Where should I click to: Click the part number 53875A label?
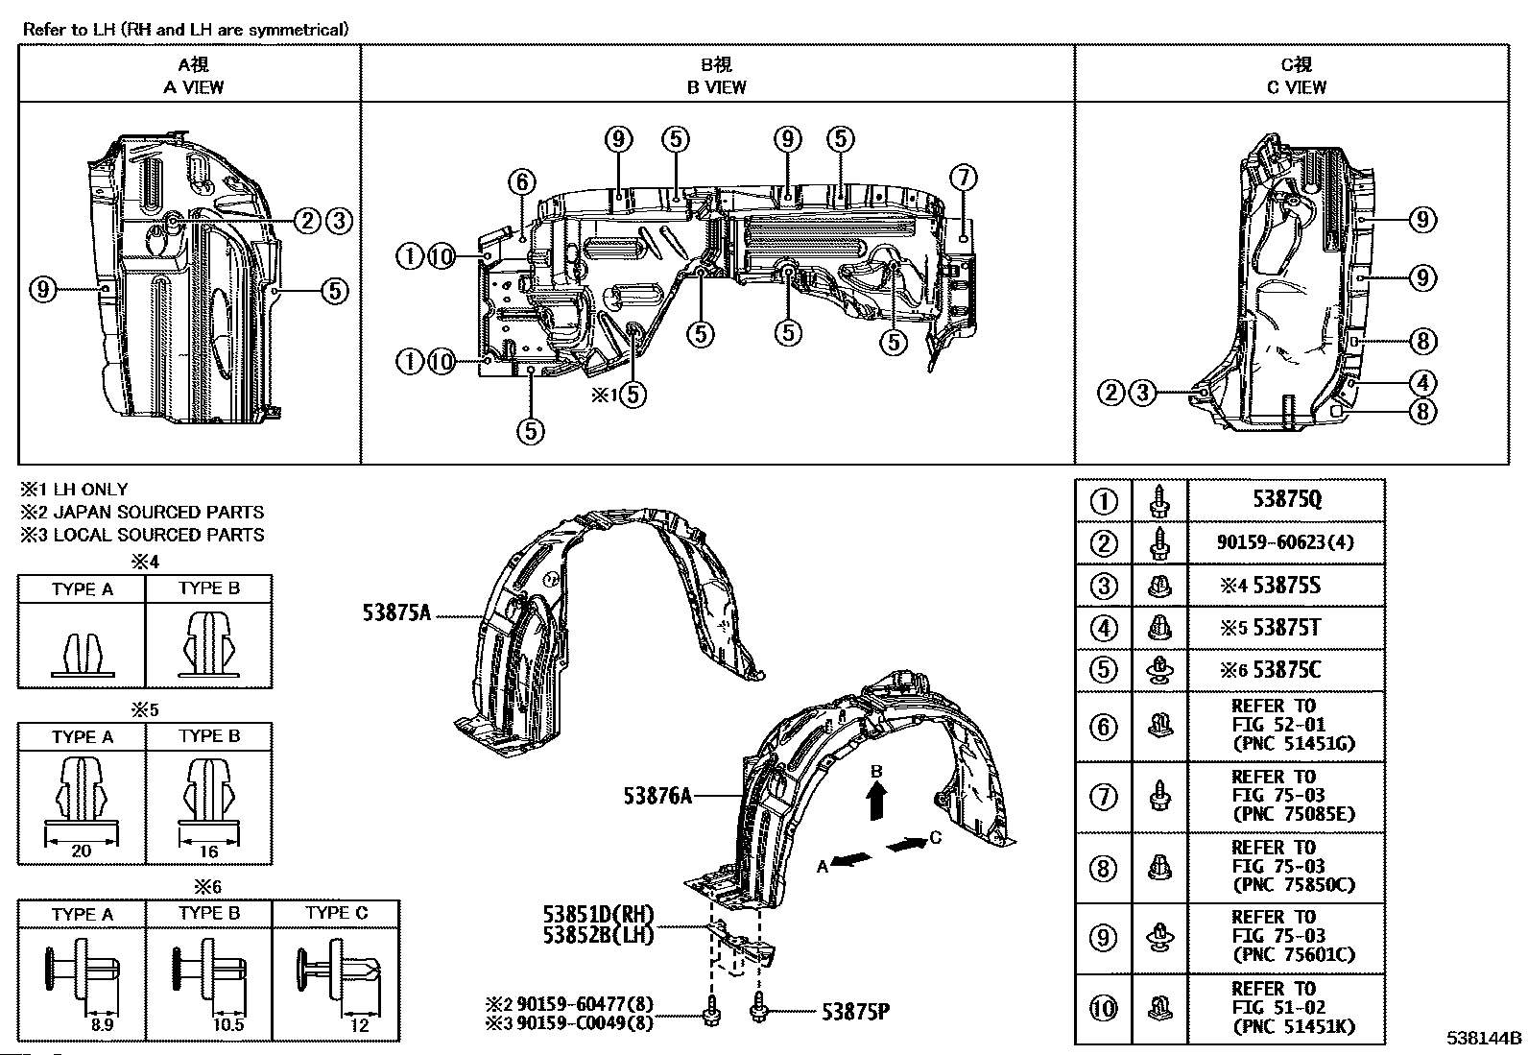point(397,612)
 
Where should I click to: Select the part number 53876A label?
point(657,796)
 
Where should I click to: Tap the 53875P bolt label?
point(855,1012)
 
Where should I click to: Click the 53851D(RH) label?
point(598,914)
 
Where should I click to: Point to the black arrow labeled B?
point(877,801)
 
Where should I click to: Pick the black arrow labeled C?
point(907,845)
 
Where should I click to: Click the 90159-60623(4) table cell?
point(1285,542)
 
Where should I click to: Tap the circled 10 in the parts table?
point(1104,1008)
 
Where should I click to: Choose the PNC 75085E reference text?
point(1294,814)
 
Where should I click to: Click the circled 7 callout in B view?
point(964,179)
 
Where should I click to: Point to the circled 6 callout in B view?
point(522,182)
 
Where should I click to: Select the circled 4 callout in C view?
point(1423,383)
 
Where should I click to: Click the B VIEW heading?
point(716,87)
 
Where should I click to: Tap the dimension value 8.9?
point(103,1025)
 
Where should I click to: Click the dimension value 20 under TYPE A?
point(82,851)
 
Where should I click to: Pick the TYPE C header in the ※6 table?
point(336,913)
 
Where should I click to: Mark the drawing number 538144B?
point(1485,1038)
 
